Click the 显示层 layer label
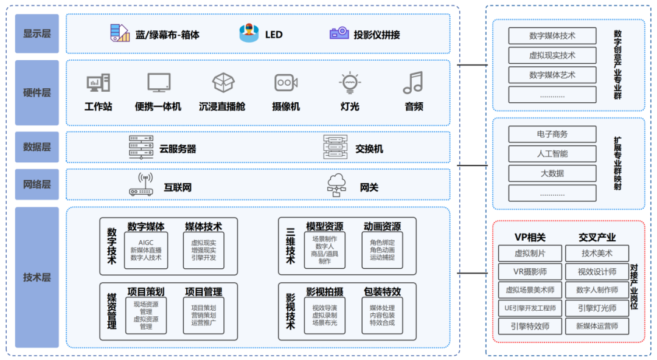(x=37, y=33)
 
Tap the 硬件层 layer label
(x=37, y=93)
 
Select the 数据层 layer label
(x=37, y=147)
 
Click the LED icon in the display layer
(x=249, y=33)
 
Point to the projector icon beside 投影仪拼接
(x=339, y=33)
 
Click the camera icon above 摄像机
(x=286, y=83)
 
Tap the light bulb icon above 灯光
(x=350, y=83)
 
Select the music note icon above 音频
(x=413, y=83)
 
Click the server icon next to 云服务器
(x=141, y=147)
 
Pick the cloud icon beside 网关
(x=336, y=185)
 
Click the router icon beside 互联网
(x=141, y=185)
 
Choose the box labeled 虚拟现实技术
(x=552, y=55)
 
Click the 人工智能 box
(x=552, y=154)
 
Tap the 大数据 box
(x=552, y=173)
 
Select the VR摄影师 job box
(x=530, y=272)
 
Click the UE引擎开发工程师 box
(x=530, y=308)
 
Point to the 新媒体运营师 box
(x=597, y=327)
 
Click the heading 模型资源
(x=324, y=227)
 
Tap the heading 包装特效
(x=382, y=292)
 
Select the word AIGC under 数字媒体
(x=146, y=242)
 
